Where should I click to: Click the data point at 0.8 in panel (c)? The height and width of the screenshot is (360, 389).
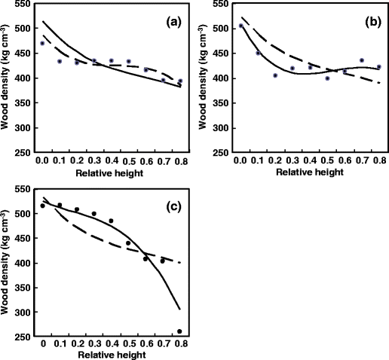(x=179, y=331)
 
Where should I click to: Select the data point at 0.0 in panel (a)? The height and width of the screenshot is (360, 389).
(x=42, y=44)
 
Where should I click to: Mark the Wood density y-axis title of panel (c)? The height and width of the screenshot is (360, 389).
(x=7, y=260)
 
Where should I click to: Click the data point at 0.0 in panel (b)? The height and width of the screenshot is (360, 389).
(x=240, y=26)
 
